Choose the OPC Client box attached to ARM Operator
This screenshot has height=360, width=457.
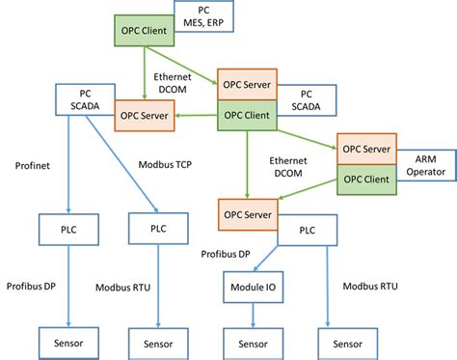(x=366, y=178)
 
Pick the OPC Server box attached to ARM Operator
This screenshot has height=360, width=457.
(x=366, y=149)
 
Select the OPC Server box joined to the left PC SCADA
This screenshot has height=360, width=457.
(x=145, y=116)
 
